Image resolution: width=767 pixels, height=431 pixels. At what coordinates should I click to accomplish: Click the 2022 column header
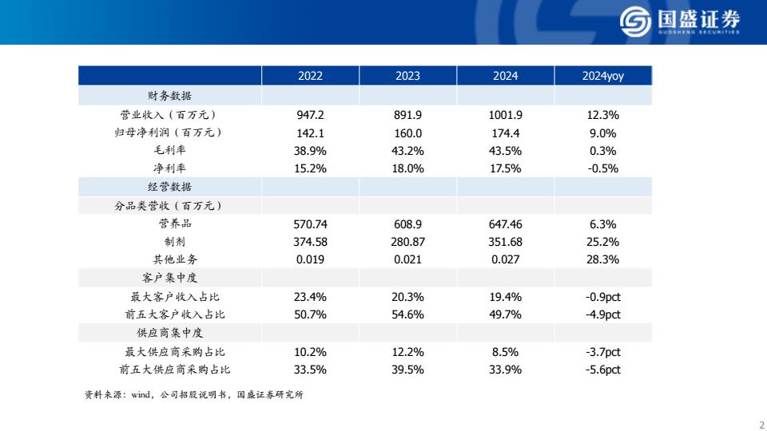point(310,76)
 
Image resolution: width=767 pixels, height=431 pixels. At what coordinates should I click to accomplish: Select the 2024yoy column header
point(603,76)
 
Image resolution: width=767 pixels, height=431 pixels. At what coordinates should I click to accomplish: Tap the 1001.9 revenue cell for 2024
point(505,115)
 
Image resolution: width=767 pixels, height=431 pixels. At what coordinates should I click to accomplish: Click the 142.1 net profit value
point(310,133)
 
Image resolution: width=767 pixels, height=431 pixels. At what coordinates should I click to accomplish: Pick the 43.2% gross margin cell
point(407,151)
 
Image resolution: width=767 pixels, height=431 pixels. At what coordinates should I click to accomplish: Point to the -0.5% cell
point(603,168)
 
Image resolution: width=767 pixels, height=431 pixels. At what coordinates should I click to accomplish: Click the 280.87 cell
point(407,242)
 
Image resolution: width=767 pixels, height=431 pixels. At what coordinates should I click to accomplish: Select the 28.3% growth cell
point(603,259)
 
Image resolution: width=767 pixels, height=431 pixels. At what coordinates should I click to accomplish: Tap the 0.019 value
point(310,259)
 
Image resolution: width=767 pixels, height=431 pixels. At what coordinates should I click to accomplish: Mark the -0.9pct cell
point(603,297)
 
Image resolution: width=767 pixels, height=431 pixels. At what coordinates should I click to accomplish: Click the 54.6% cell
point(407,314)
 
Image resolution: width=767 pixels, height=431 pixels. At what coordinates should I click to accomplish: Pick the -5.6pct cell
point(603,370)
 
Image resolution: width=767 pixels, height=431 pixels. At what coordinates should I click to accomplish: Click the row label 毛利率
point(169,151)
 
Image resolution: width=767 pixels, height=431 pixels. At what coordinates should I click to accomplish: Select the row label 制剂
point(169,242)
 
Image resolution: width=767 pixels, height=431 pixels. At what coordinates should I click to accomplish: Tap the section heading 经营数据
point(169,187)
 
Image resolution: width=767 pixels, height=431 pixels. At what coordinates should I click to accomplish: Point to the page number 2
point(761,424)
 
